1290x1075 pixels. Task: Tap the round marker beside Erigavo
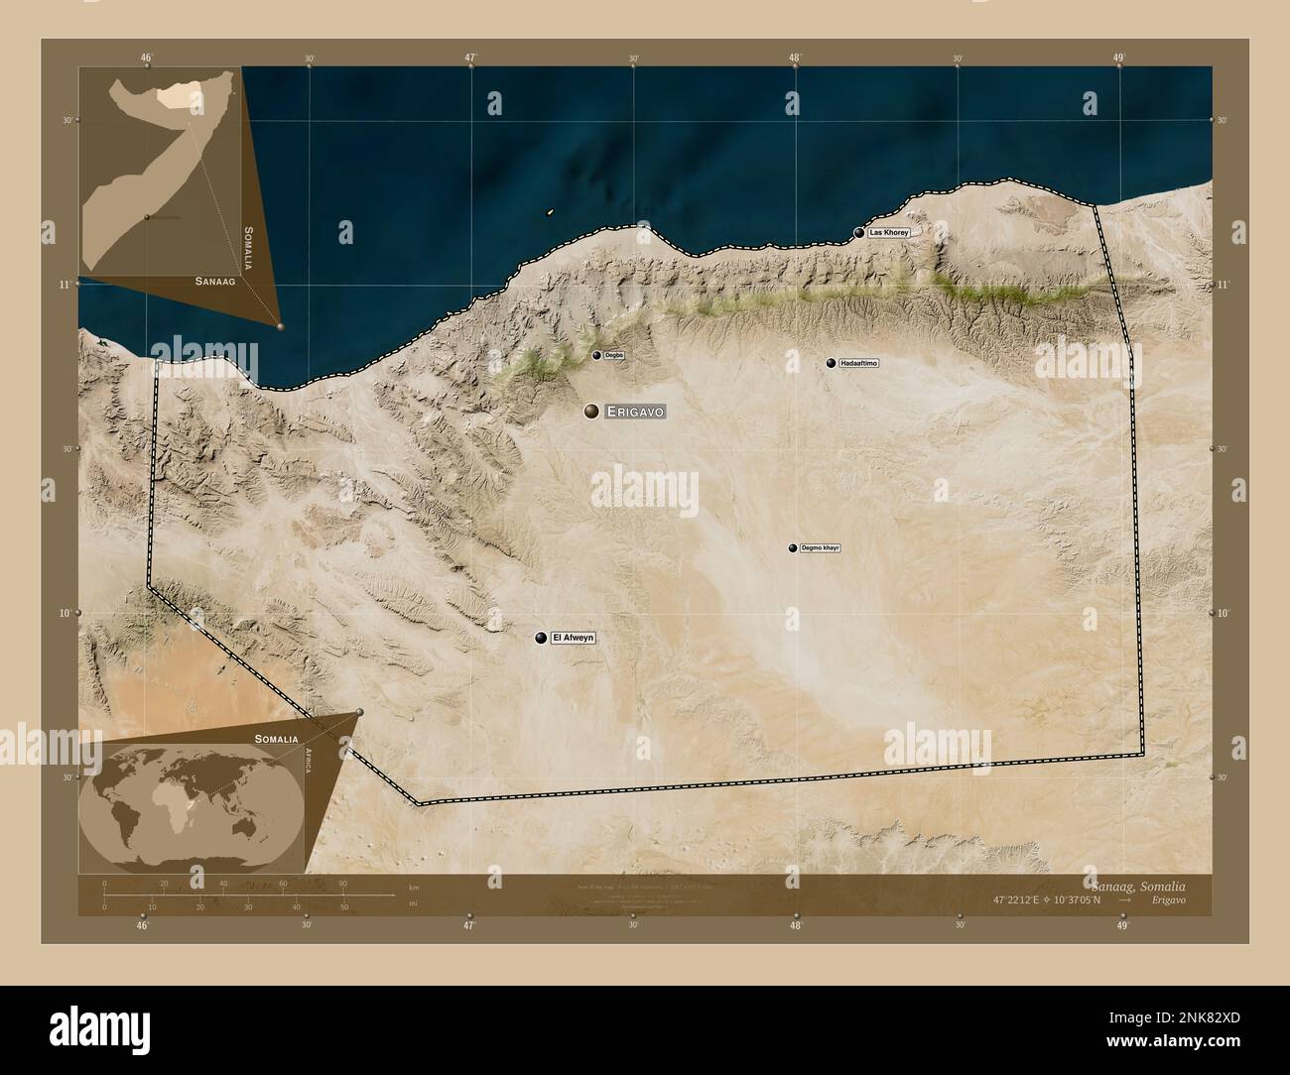pyautogui.click(x=591, y=412)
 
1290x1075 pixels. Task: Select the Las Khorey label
pyautogui.click(x=887, y=232)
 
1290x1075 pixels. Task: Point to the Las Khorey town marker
pyautogui.click(x=858, y=233)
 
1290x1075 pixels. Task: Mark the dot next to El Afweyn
pyautogui.click(x=541, y=638)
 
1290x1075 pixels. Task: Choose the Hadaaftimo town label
pyautogui.click(x=858, y=363)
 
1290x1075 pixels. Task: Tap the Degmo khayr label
pyautogui.click(x=820, y=547)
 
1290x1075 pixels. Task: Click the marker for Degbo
pyautogui.click(x=596, y=355)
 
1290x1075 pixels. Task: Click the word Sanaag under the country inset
pyautogui.click(x=214, y=282)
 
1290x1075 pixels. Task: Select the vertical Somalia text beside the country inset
pyautogui.click(x=248, y=248)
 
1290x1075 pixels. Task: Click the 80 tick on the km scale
pyautogui.click(x=343, y=884)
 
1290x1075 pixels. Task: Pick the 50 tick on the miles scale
pyautogui.click(x=343, y=906)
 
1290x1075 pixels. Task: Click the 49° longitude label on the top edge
pyautogui.click(x=1118, y=58)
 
